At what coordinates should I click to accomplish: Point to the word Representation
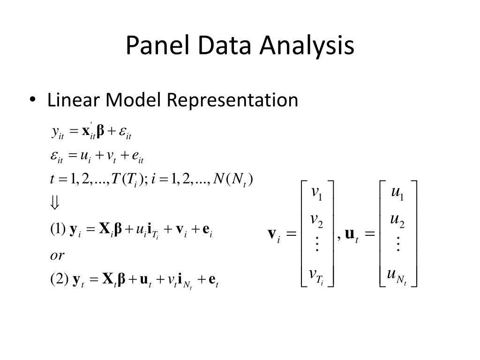pyautogui.click(x=233, y=100)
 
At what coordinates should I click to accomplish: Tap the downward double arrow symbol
pyautogui.click(x=55, y=203)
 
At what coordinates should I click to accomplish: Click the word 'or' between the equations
pyautogui.click(x=57, y=256)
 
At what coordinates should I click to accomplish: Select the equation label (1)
pyautogui.click(x=58, y=230)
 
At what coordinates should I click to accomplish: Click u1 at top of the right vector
pyautogui.click(x=397, y=193)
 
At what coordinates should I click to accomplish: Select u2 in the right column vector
pyautogui.click(x=397, y=219)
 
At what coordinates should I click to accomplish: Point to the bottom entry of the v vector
pyautogui.click(x=317, y=275)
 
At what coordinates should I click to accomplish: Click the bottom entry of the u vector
pyautogui.click(x=397, y=275)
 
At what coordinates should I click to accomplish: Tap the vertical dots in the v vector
pyautogui.click(x=317, y=244)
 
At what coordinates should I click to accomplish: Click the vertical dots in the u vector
pyautogui.click(x=398, y=244)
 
